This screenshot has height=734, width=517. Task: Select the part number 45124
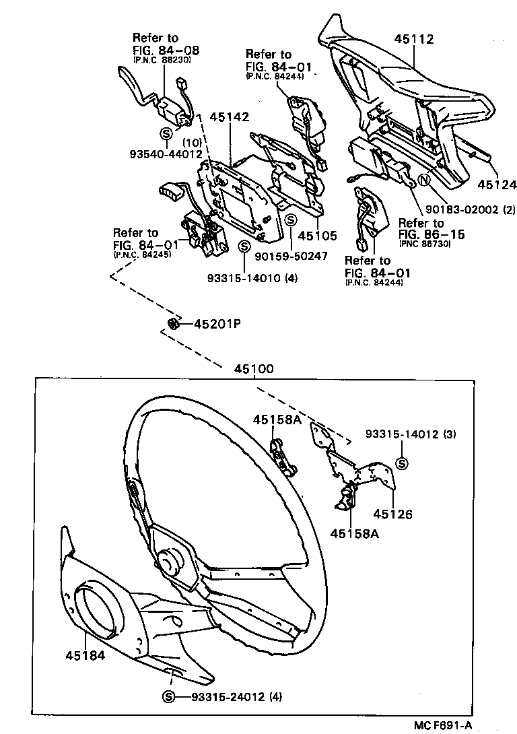497,184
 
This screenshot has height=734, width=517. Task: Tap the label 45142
230,116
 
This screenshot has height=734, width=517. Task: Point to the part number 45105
316,236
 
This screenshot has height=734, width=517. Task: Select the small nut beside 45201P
172,324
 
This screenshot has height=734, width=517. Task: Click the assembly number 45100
254,370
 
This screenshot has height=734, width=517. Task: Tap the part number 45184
85,655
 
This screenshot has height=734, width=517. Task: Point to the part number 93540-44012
166,154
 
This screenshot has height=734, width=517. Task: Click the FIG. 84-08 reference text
166,50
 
